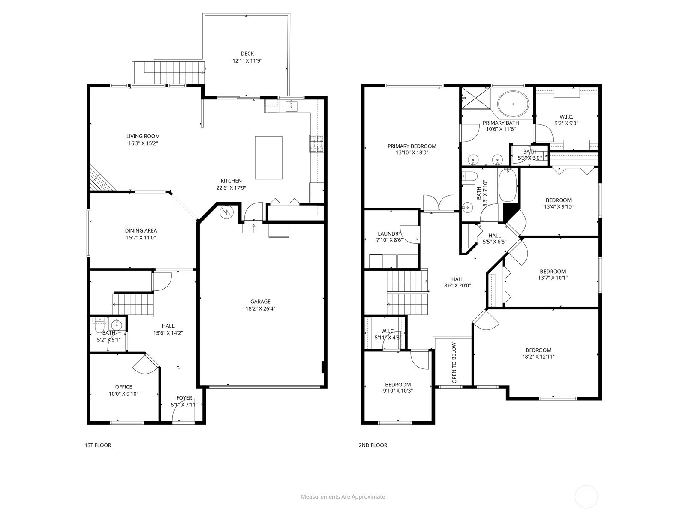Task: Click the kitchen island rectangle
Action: pos(268,158)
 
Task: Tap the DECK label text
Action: pos(247,54)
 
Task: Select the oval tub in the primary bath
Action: pos(513,104)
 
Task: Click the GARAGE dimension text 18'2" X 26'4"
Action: pos(261,308)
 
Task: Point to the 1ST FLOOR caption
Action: pos(98,445)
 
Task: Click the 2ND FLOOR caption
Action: pos(373,445)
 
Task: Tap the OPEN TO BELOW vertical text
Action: pos(454,362)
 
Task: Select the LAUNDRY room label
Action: pos(389,233)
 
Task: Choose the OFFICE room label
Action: pos(123,387)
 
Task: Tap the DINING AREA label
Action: pos(141,230)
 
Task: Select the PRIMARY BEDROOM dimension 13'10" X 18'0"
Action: pos(412,152)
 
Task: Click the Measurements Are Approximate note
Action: pos(343,497)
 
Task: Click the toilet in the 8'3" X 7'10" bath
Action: pos(470,176)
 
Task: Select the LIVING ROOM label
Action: pos(143,136)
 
